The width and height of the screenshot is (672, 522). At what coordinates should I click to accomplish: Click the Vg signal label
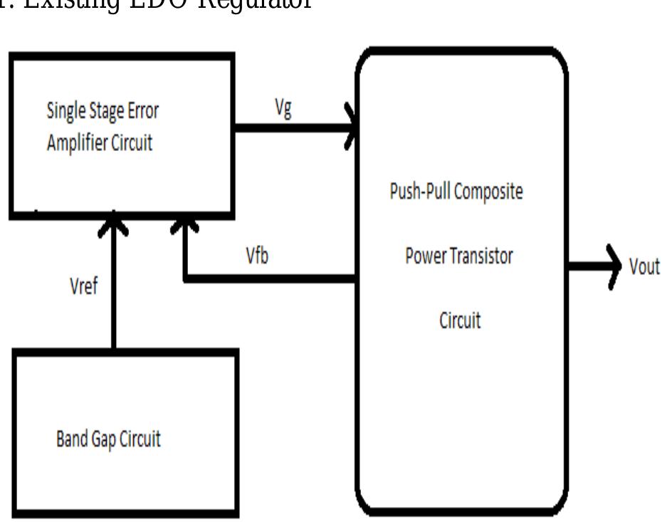[x=283, y=110]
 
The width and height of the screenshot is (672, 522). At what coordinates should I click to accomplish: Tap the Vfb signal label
[x=257, y=256]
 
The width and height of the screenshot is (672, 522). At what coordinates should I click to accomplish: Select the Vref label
[x=84, y=287]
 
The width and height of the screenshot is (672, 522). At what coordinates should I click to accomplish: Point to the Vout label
[x=644, y=267]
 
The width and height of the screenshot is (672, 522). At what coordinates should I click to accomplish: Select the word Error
[x=143, y=111]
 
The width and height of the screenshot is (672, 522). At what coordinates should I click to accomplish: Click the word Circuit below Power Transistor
[x=460, y=320]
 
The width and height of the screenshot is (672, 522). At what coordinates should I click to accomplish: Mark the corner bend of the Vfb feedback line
[x=185, y=279]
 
